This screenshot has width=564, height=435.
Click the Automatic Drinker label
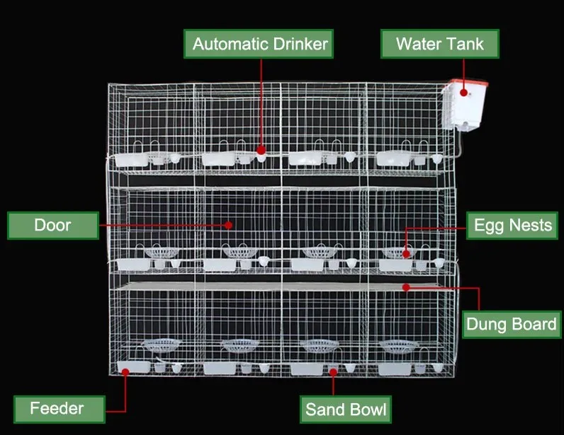(260, 45)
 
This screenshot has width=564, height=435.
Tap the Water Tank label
(439, 45)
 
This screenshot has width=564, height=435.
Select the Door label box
(52, 226)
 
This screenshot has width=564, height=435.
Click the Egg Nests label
(512, 226)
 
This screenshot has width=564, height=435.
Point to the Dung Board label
(511, 325)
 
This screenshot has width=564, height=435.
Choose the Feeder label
(57, 408)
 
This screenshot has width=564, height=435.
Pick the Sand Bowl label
(346, 409)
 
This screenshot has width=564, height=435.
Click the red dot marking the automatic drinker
(261, 151)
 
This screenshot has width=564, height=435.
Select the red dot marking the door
(229, 225)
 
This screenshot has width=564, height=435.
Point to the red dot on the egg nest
(407, 253)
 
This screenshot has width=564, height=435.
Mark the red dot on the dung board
(406, 286)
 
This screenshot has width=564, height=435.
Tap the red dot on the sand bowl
(334, 371)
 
